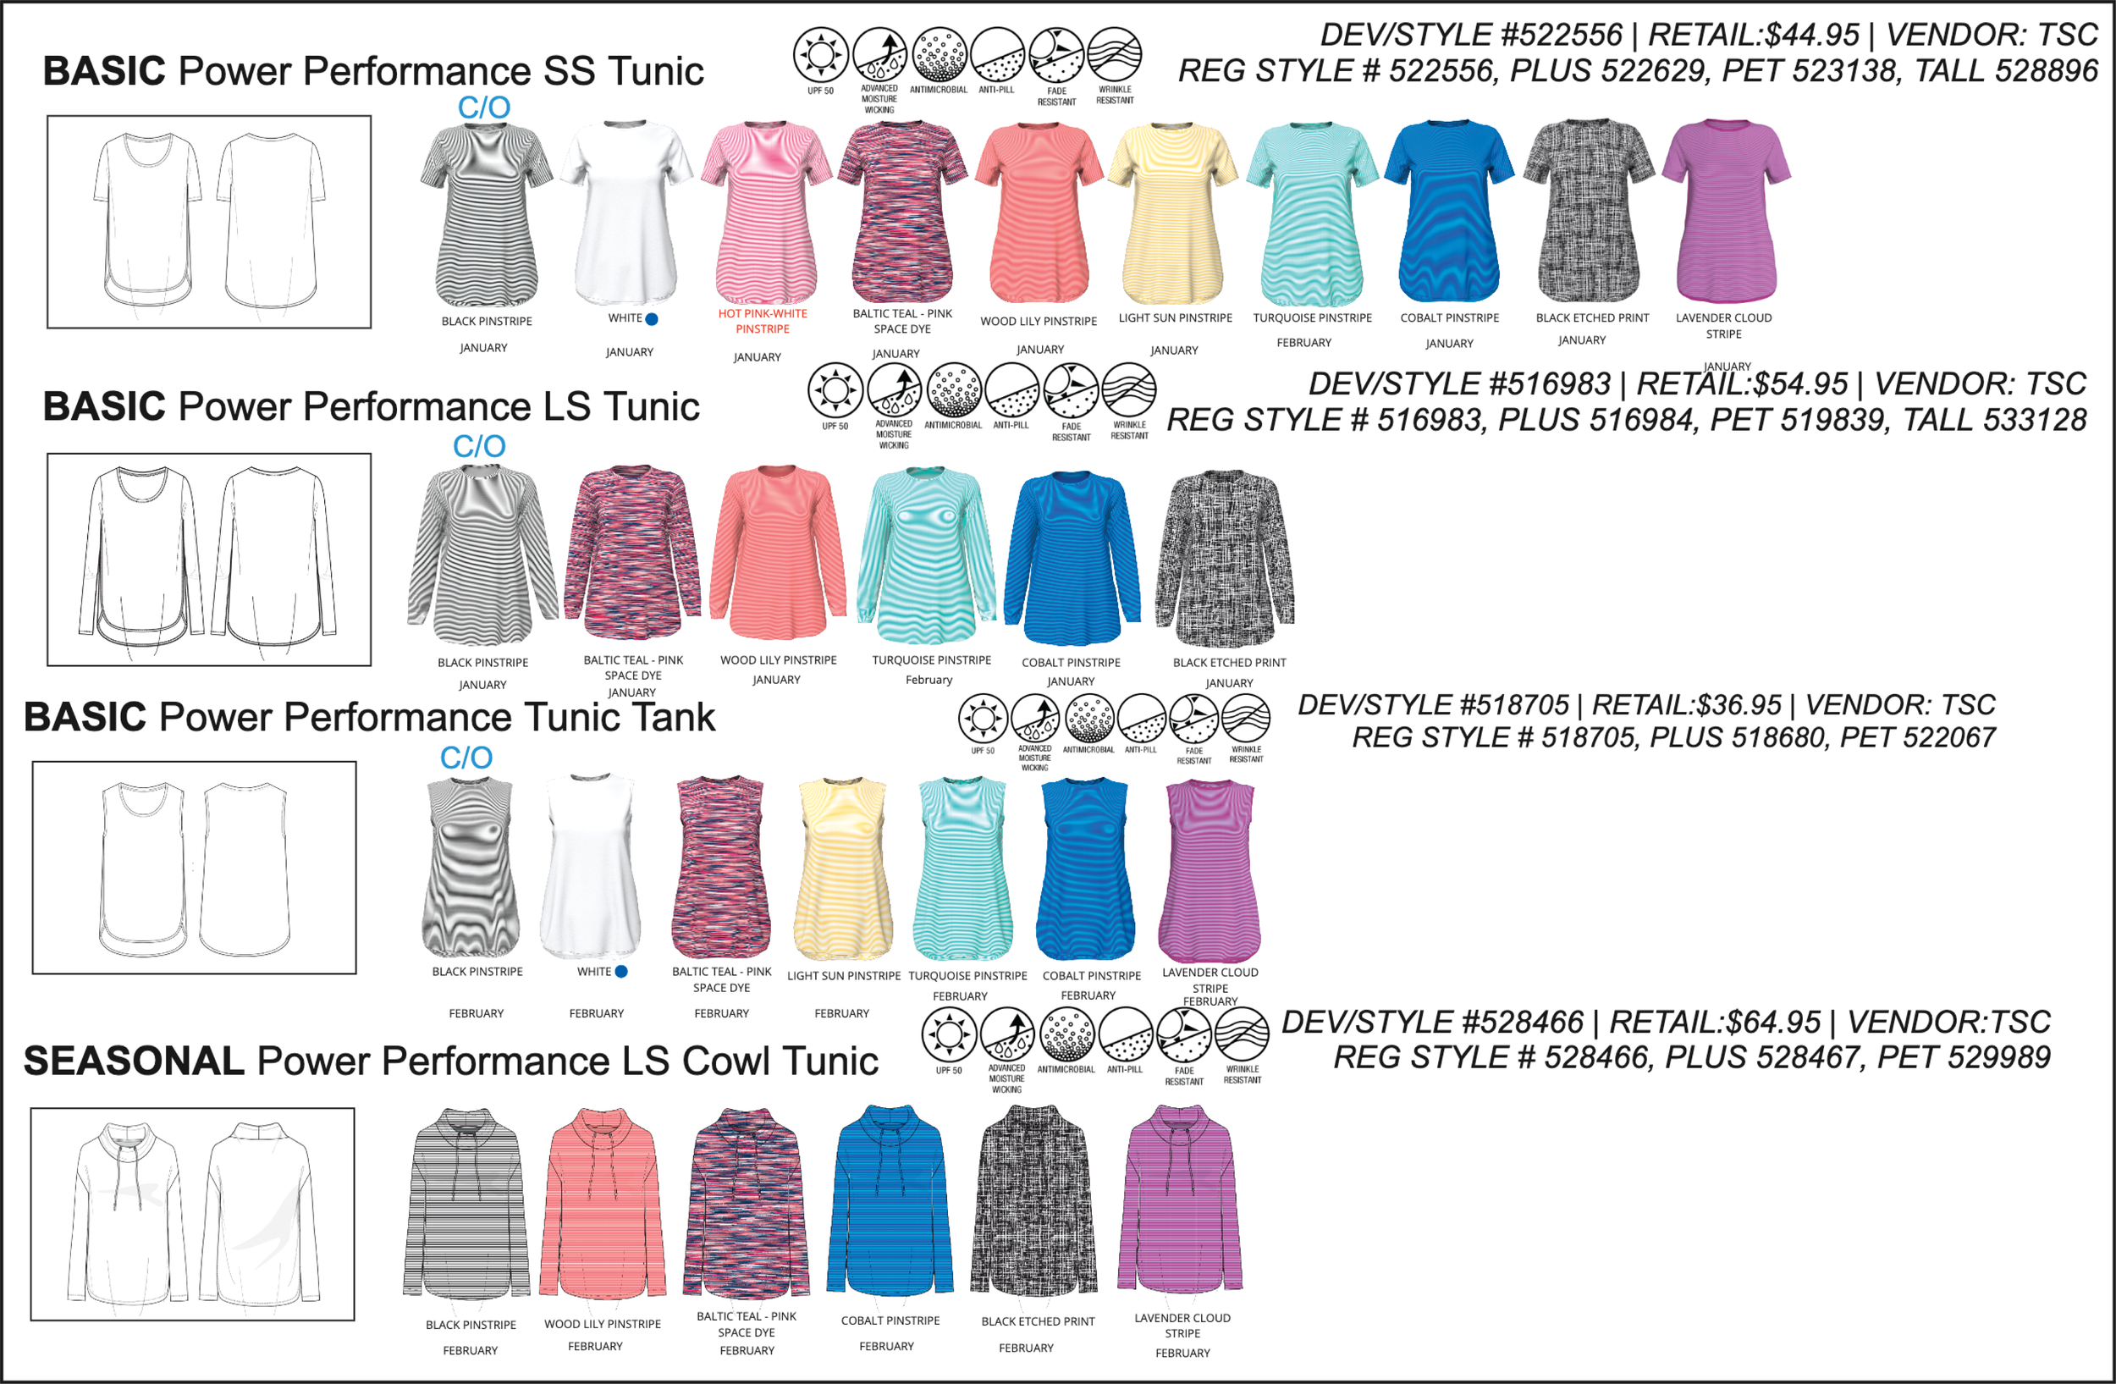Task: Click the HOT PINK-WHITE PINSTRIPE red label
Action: (762, 321)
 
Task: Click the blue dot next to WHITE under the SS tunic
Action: (652, 319)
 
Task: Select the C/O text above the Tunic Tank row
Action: (466, 758)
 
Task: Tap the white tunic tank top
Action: (590, 867)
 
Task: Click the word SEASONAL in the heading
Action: (134, 1061)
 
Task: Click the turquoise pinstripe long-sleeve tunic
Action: (927, 554)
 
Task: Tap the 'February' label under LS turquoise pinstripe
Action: (929, 680)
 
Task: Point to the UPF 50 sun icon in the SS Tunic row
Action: (819, 54)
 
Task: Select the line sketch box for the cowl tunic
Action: (192, 1213)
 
